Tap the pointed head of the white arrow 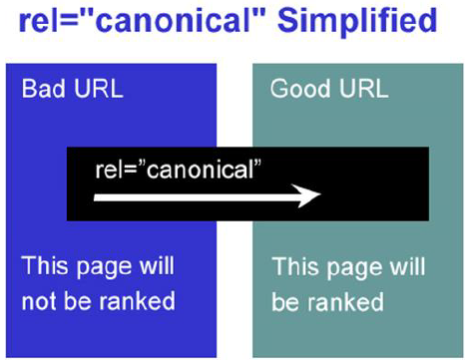click(313, 196)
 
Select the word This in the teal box click(295, 266)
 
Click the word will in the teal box click(405, 266)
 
